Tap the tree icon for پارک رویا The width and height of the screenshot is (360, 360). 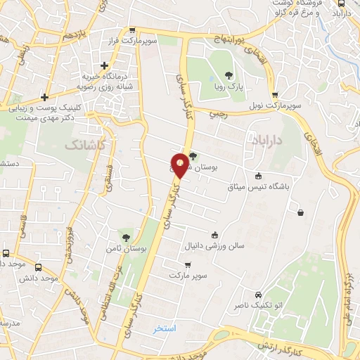[228, 75]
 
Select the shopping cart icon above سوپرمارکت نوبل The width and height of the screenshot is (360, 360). [275, 95]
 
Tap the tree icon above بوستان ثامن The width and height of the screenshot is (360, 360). [126, 237]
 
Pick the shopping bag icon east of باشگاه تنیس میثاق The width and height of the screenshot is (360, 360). [301, 212]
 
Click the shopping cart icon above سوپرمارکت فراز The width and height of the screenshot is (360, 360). [131, 30]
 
